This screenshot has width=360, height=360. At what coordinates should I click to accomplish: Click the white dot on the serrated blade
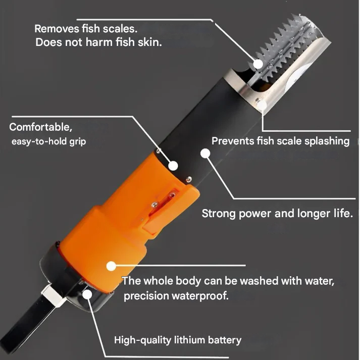click(x=258, y=64)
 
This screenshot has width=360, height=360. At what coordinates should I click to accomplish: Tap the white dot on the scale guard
click(x=262, y=105)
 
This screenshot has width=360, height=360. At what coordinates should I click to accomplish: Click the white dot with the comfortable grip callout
click(x=173, y=165)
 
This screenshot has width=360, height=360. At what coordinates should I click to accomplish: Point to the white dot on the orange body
click(x=111, y=265)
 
